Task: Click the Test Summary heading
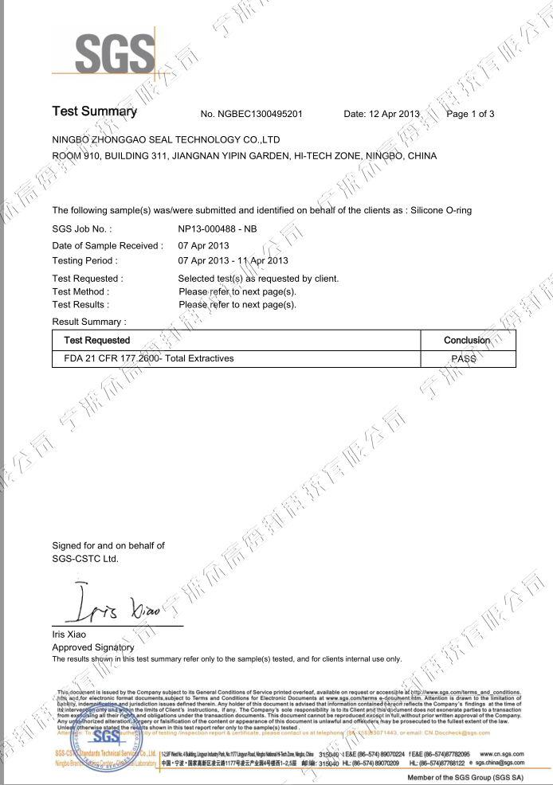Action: pyautogui.click(x=95, y=111)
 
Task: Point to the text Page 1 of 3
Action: pyautogui.click(x=471, y=114)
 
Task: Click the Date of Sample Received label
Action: pyautogui.click(x=107, y=245)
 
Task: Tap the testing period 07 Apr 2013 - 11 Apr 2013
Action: pyautogui.click(x=233, y=260)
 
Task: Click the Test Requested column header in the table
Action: pyautogui.click(x=96, y=340)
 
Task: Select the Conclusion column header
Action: pyautogui.click(x=467, y=340)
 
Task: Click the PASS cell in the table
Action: pyautogui.click(x=467, y=359)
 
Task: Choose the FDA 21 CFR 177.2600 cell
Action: pyautogui.click(x=149, y=358)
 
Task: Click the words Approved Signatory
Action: pyautogui.click(x=87, y=648)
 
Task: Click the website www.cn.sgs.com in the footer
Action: pyautogui.click(x=502, y=752)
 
